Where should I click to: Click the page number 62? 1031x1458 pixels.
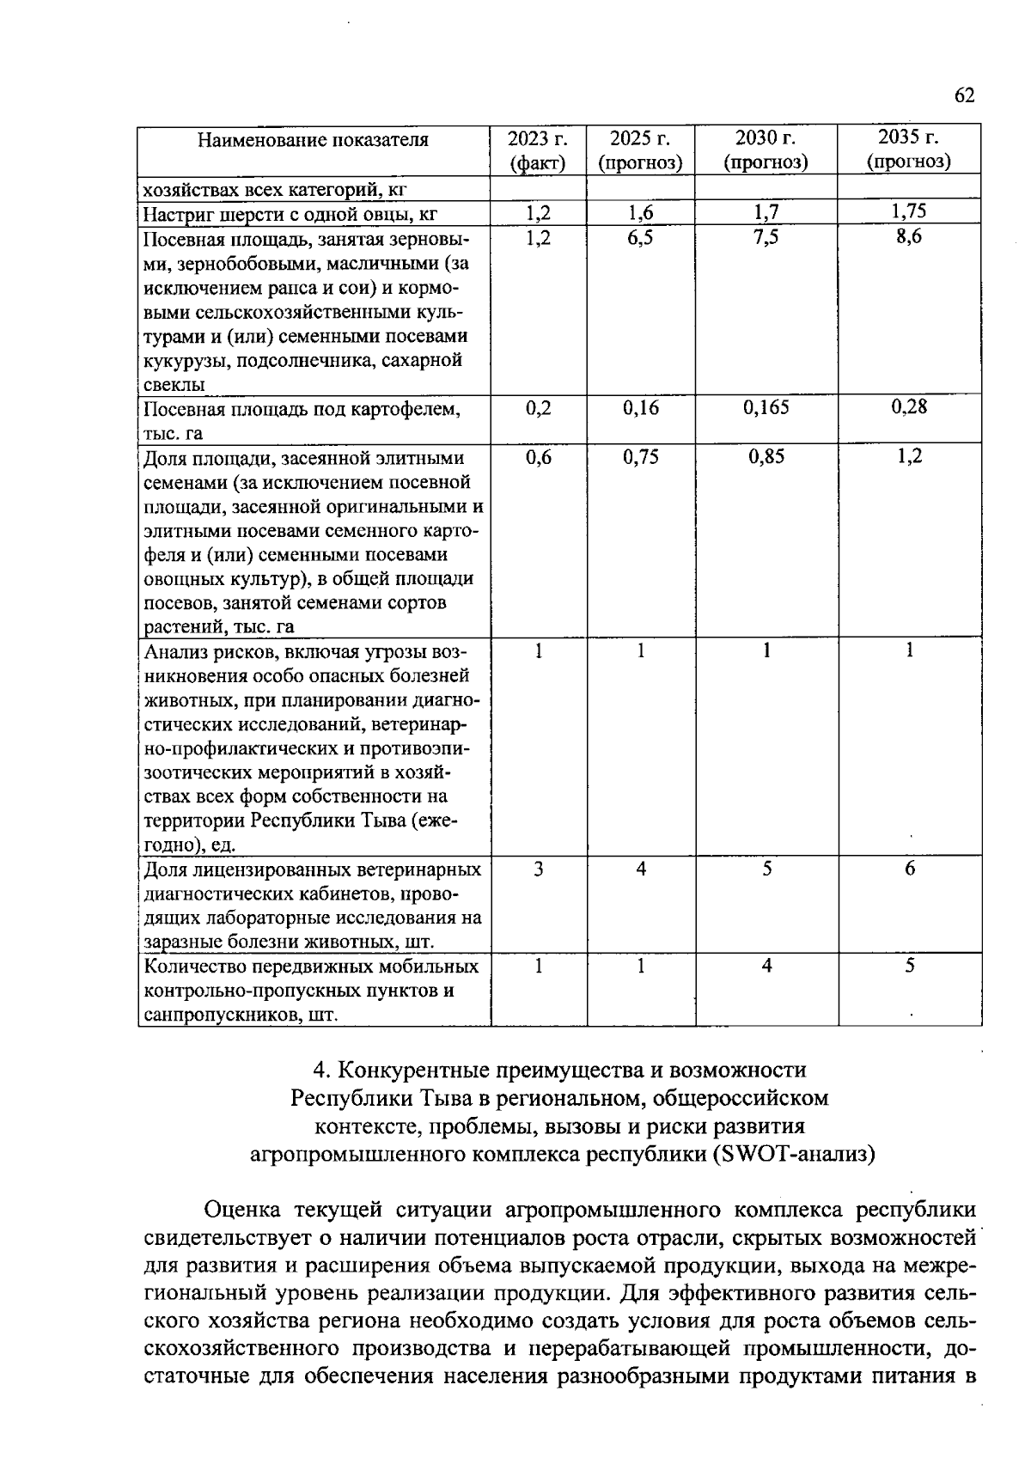point(964,95)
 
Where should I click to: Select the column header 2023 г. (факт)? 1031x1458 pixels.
point(538,149)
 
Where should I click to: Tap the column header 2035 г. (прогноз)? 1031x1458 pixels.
point(909,149)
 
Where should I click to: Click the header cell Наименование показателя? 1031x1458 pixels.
point(313,140)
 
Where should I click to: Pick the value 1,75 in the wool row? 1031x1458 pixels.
point(909,212)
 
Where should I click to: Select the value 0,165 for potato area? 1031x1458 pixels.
point(766,407)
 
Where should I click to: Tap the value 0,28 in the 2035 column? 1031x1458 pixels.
point(909,407)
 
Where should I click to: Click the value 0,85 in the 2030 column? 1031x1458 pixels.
point(766,457)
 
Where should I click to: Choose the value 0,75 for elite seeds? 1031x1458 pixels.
point(640,457)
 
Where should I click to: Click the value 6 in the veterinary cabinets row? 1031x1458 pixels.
point(910,869)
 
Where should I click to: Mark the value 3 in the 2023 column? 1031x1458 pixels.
point(538,869)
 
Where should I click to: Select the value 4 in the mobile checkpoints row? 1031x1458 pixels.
point(766,967)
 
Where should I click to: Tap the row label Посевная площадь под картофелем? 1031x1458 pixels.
point(301,409)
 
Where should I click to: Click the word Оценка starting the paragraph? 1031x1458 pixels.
point(243,1211)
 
